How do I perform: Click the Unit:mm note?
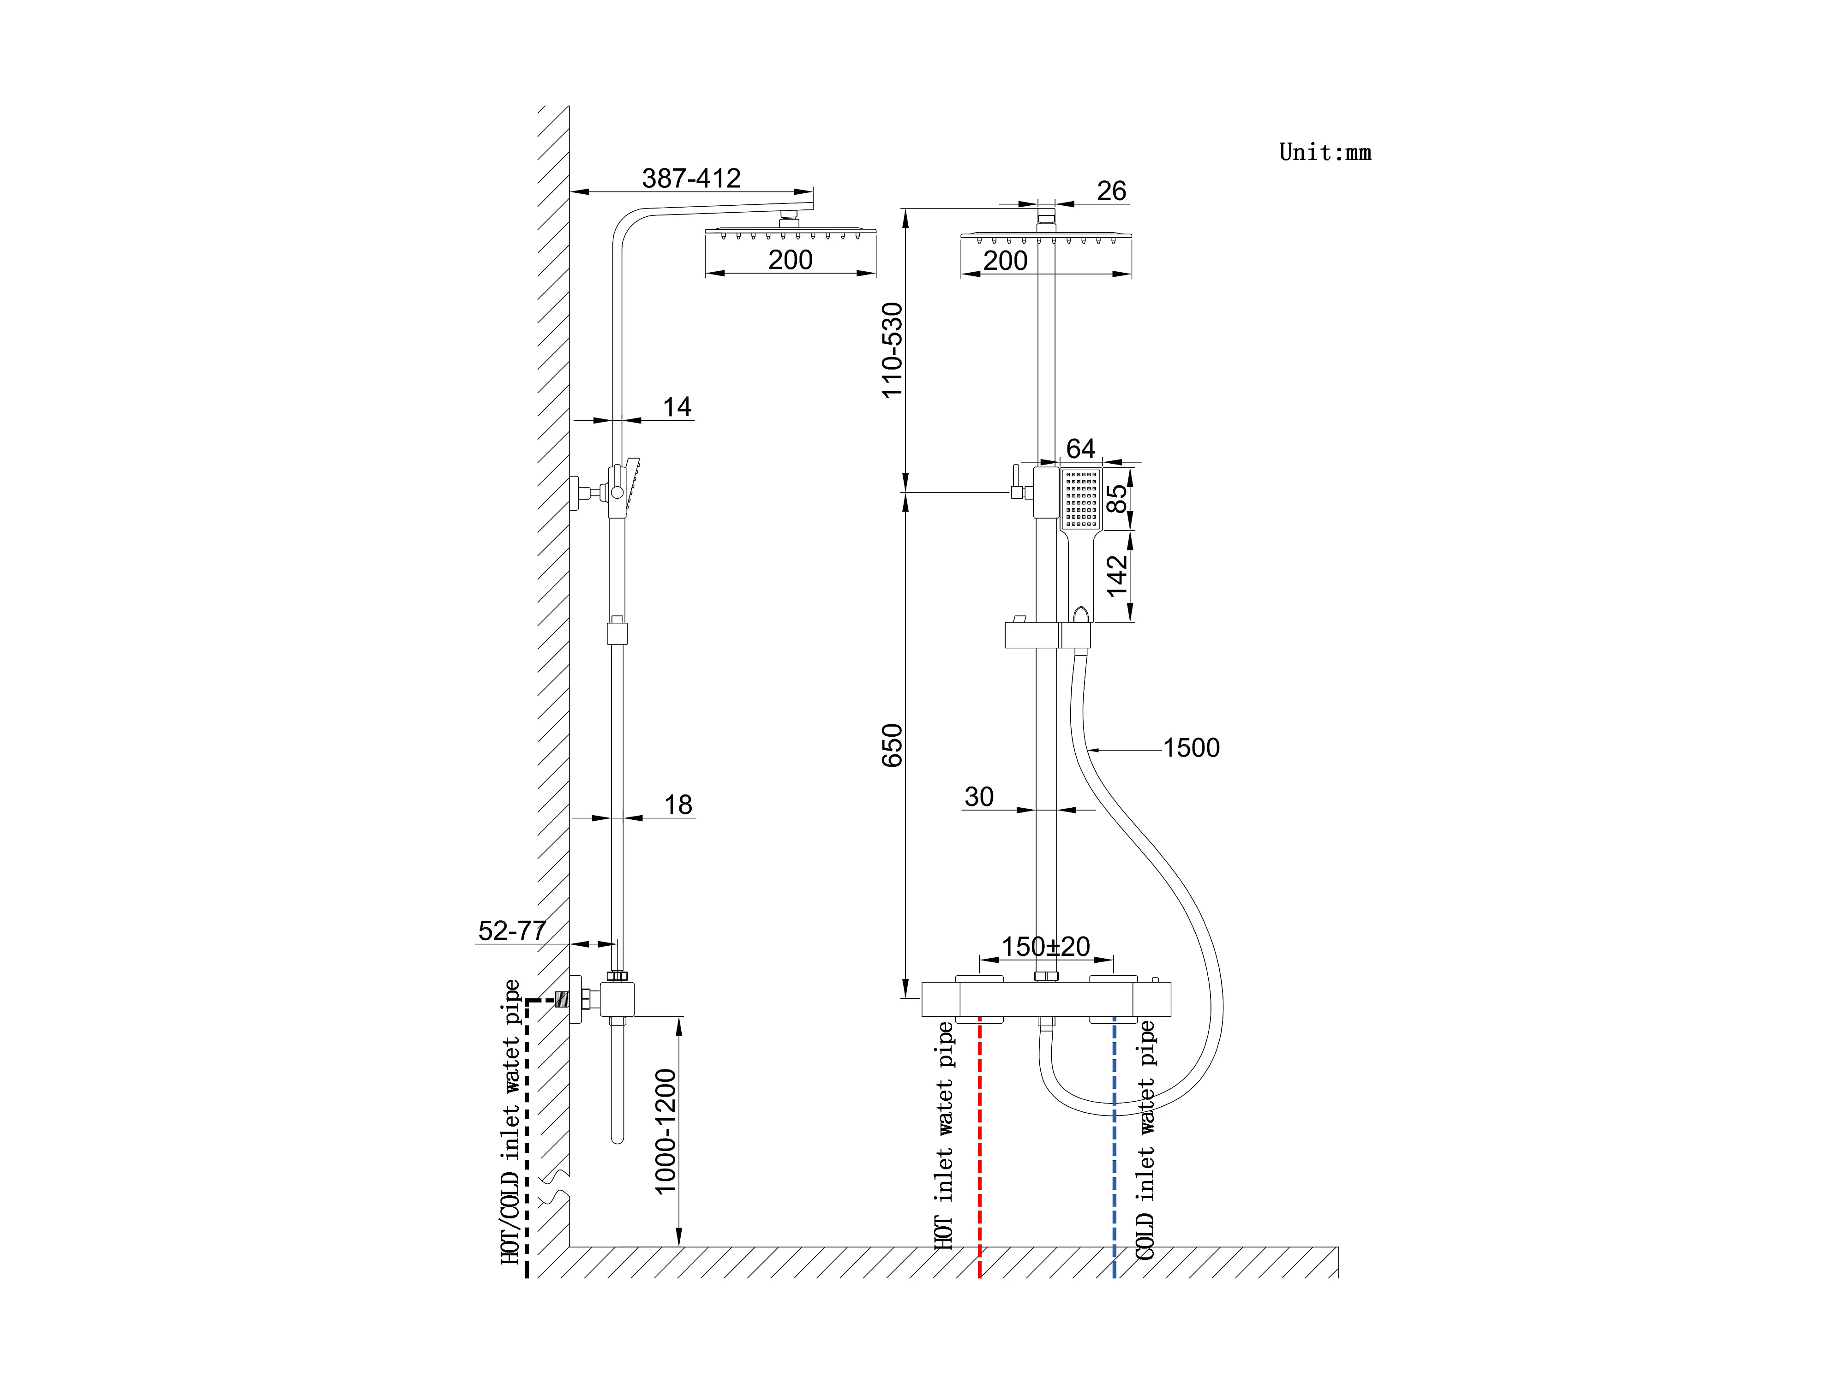1325,153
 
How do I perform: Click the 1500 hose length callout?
1191,748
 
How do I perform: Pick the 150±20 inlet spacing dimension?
1046,947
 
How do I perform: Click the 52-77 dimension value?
511,930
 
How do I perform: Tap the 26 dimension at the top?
1111,191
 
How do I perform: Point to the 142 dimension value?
1117,576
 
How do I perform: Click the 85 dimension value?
1117,499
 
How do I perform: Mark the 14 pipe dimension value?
677,407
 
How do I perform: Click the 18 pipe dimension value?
677,805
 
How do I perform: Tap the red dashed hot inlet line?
979,1168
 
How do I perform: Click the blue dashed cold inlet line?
1114,1168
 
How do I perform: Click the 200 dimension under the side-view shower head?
790,260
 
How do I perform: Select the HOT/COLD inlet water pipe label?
510,1122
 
